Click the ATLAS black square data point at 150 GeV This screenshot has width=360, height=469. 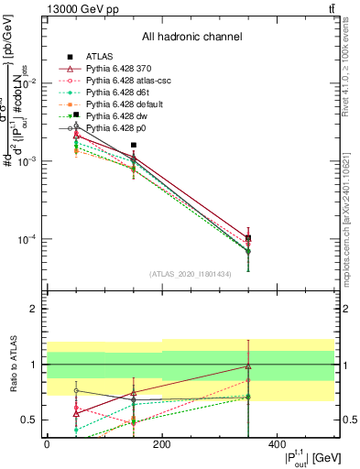(134, 145)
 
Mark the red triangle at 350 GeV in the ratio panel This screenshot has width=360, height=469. (248, 365)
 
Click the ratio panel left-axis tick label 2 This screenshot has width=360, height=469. (34, 309)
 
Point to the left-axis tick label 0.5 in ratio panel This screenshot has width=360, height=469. (29, 420)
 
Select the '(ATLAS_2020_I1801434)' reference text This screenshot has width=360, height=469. (191, 274)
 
